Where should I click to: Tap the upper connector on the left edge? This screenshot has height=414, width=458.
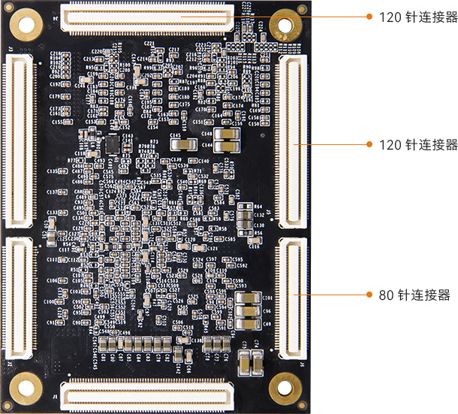pyautogui.click(x=19, y=139)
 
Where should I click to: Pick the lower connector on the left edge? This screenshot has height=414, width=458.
pyautogui.click(x=19, y=297)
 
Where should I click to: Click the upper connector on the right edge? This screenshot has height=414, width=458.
pyautogui.click(x=292, y=139)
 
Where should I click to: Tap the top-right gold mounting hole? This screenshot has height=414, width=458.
pyautogui.click(x=285, y=24)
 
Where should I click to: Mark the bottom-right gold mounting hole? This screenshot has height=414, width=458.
pyautogui.click(x=285, y=386)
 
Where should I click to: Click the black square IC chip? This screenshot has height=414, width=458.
pyautogui.click(x=112, y=142)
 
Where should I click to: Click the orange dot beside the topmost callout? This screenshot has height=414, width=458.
pyautogui.click(x=369, y=17)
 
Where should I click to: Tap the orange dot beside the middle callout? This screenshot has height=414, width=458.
pyautogui.click(x=369, y=144)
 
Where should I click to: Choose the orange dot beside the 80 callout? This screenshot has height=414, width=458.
pyautogui.click(x=369, y=295)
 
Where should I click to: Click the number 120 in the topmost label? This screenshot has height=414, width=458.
pyautogui.click(x=387, y=17)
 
